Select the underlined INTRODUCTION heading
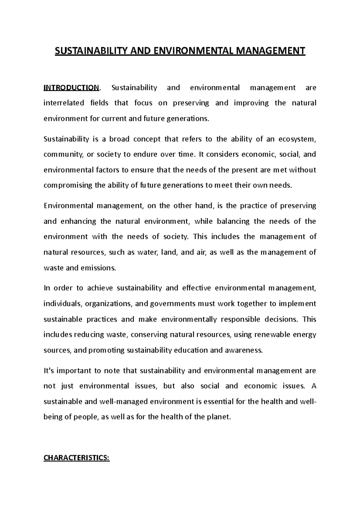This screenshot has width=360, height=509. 71,88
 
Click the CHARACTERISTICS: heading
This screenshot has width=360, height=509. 77,458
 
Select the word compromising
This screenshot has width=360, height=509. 68,185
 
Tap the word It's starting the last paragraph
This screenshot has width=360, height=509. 49,371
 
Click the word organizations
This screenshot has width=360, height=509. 109,304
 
